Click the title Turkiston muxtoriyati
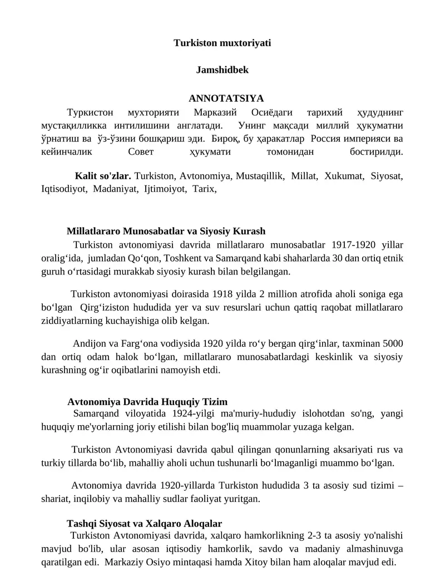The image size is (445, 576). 222,43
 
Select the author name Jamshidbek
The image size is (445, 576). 222,71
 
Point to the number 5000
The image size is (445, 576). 392,343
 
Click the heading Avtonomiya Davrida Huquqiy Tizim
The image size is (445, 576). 147,402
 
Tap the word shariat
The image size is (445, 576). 55,499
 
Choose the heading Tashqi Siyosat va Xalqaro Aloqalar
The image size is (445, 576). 144,524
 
